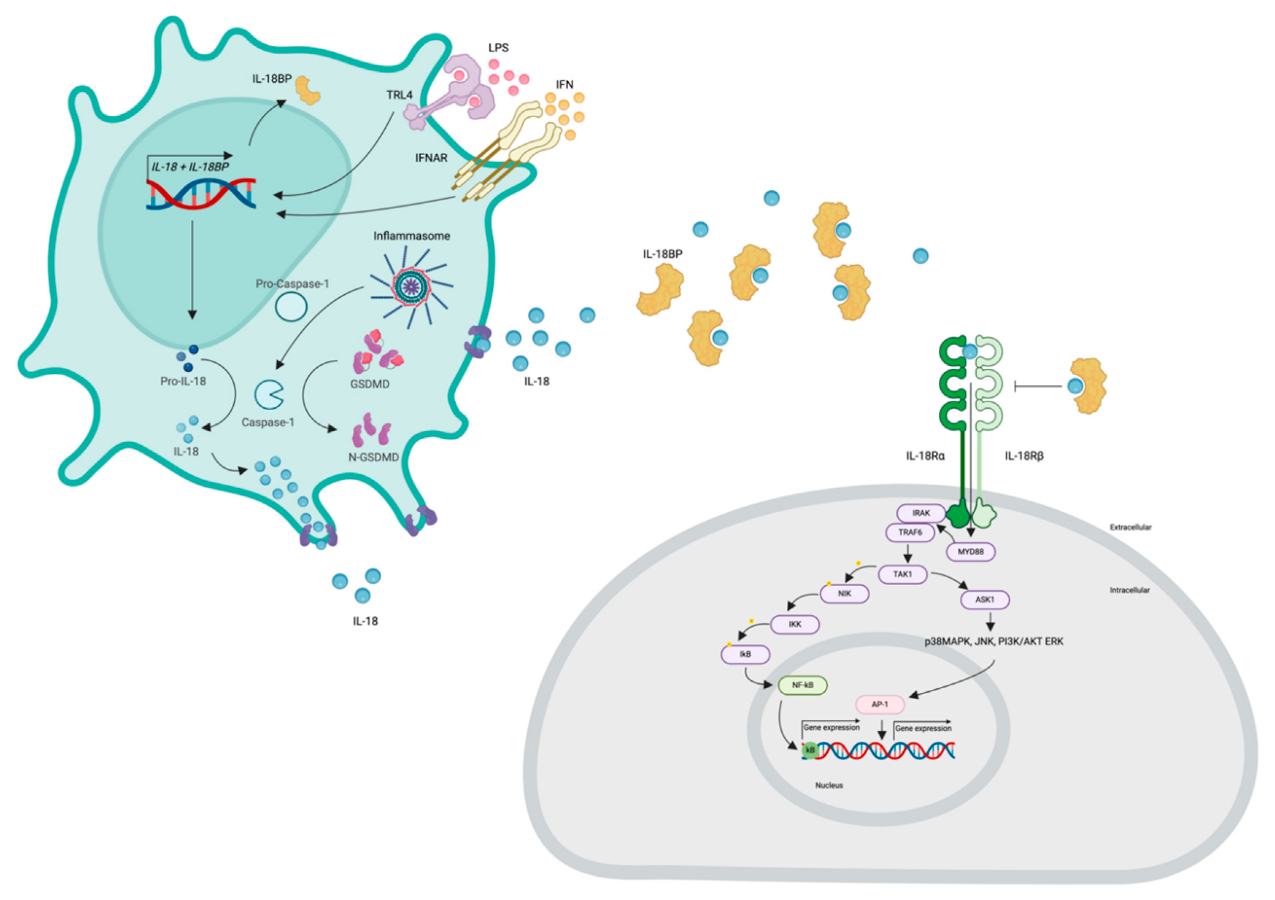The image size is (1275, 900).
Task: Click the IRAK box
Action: coord(921,513)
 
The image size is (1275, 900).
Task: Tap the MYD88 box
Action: coord(971,552)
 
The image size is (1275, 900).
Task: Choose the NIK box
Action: coord(844,593)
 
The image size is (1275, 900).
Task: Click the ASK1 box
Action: coord(985,600)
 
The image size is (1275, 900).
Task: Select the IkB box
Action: coord(745,654)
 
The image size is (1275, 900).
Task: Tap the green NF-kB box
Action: coord(803,685)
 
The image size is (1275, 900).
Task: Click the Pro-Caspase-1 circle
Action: coord(291,307)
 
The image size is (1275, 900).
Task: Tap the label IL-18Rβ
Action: coord(1024,456)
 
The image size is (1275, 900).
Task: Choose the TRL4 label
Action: coord(399,95)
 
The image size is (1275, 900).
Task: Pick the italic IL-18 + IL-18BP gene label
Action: coord(190,167)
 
